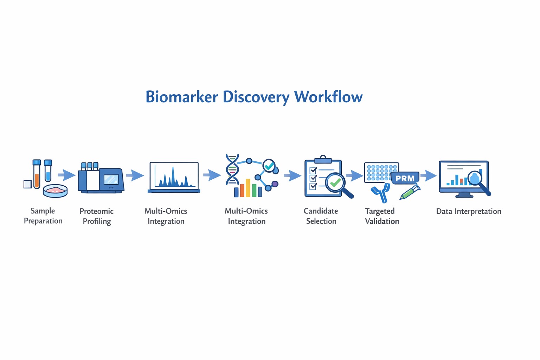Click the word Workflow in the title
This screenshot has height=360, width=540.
pyautogui.click(x=328, y=97)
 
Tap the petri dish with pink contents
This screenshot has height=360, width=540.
pyautogui.click(x=55, y=191)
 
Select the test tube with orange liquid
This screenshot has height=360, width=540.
pyautogui.click(x=37, y=175)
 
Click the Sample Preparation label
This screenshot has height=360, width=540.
pyautogui.click(x=43, y=216)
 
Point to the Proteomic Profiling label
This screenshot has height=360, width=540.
pyautogui.click(x=97, y=216)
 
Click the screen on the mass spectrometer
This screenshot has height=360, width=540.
pyautogui.click(x=111, y=179)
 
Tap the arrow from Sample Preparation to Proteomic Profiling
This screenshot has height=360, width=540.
pyautogui.click(x=66, y=174)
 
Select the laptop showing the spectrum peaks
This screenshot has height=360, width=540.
pyautogui.click(x=174, y=177)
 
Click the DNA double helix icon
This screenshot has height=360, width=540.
pyautogui.click(x=232, y=169)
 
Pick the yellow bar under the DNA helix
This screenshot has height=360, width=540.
pyautogui.click(x=248, y=188)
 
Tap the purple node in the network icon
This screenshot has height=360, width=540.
pyautogui.click(x=275, y=184)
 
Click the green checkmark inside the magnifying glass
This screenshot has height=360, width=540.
pyautogui.click(x=335, y=182)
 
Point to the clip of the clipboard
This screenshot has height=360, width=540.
pyautogui.click(x=323, y=159)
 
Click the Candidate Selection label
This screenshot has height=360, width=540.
pyautogui.click(x=321, y=216)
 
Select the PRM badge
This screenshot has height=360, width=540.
pyautogui.click(x=405, y=178)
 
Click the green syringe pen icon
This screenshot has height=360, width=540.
pyautogui.click(x=410, y=192)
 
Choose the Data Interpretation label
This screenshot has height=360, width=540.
pyautogui.click(x=469, y=211)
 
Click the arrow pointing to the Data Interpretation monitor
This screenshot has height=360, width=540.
pyautogui.click(x=428, y=175)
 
